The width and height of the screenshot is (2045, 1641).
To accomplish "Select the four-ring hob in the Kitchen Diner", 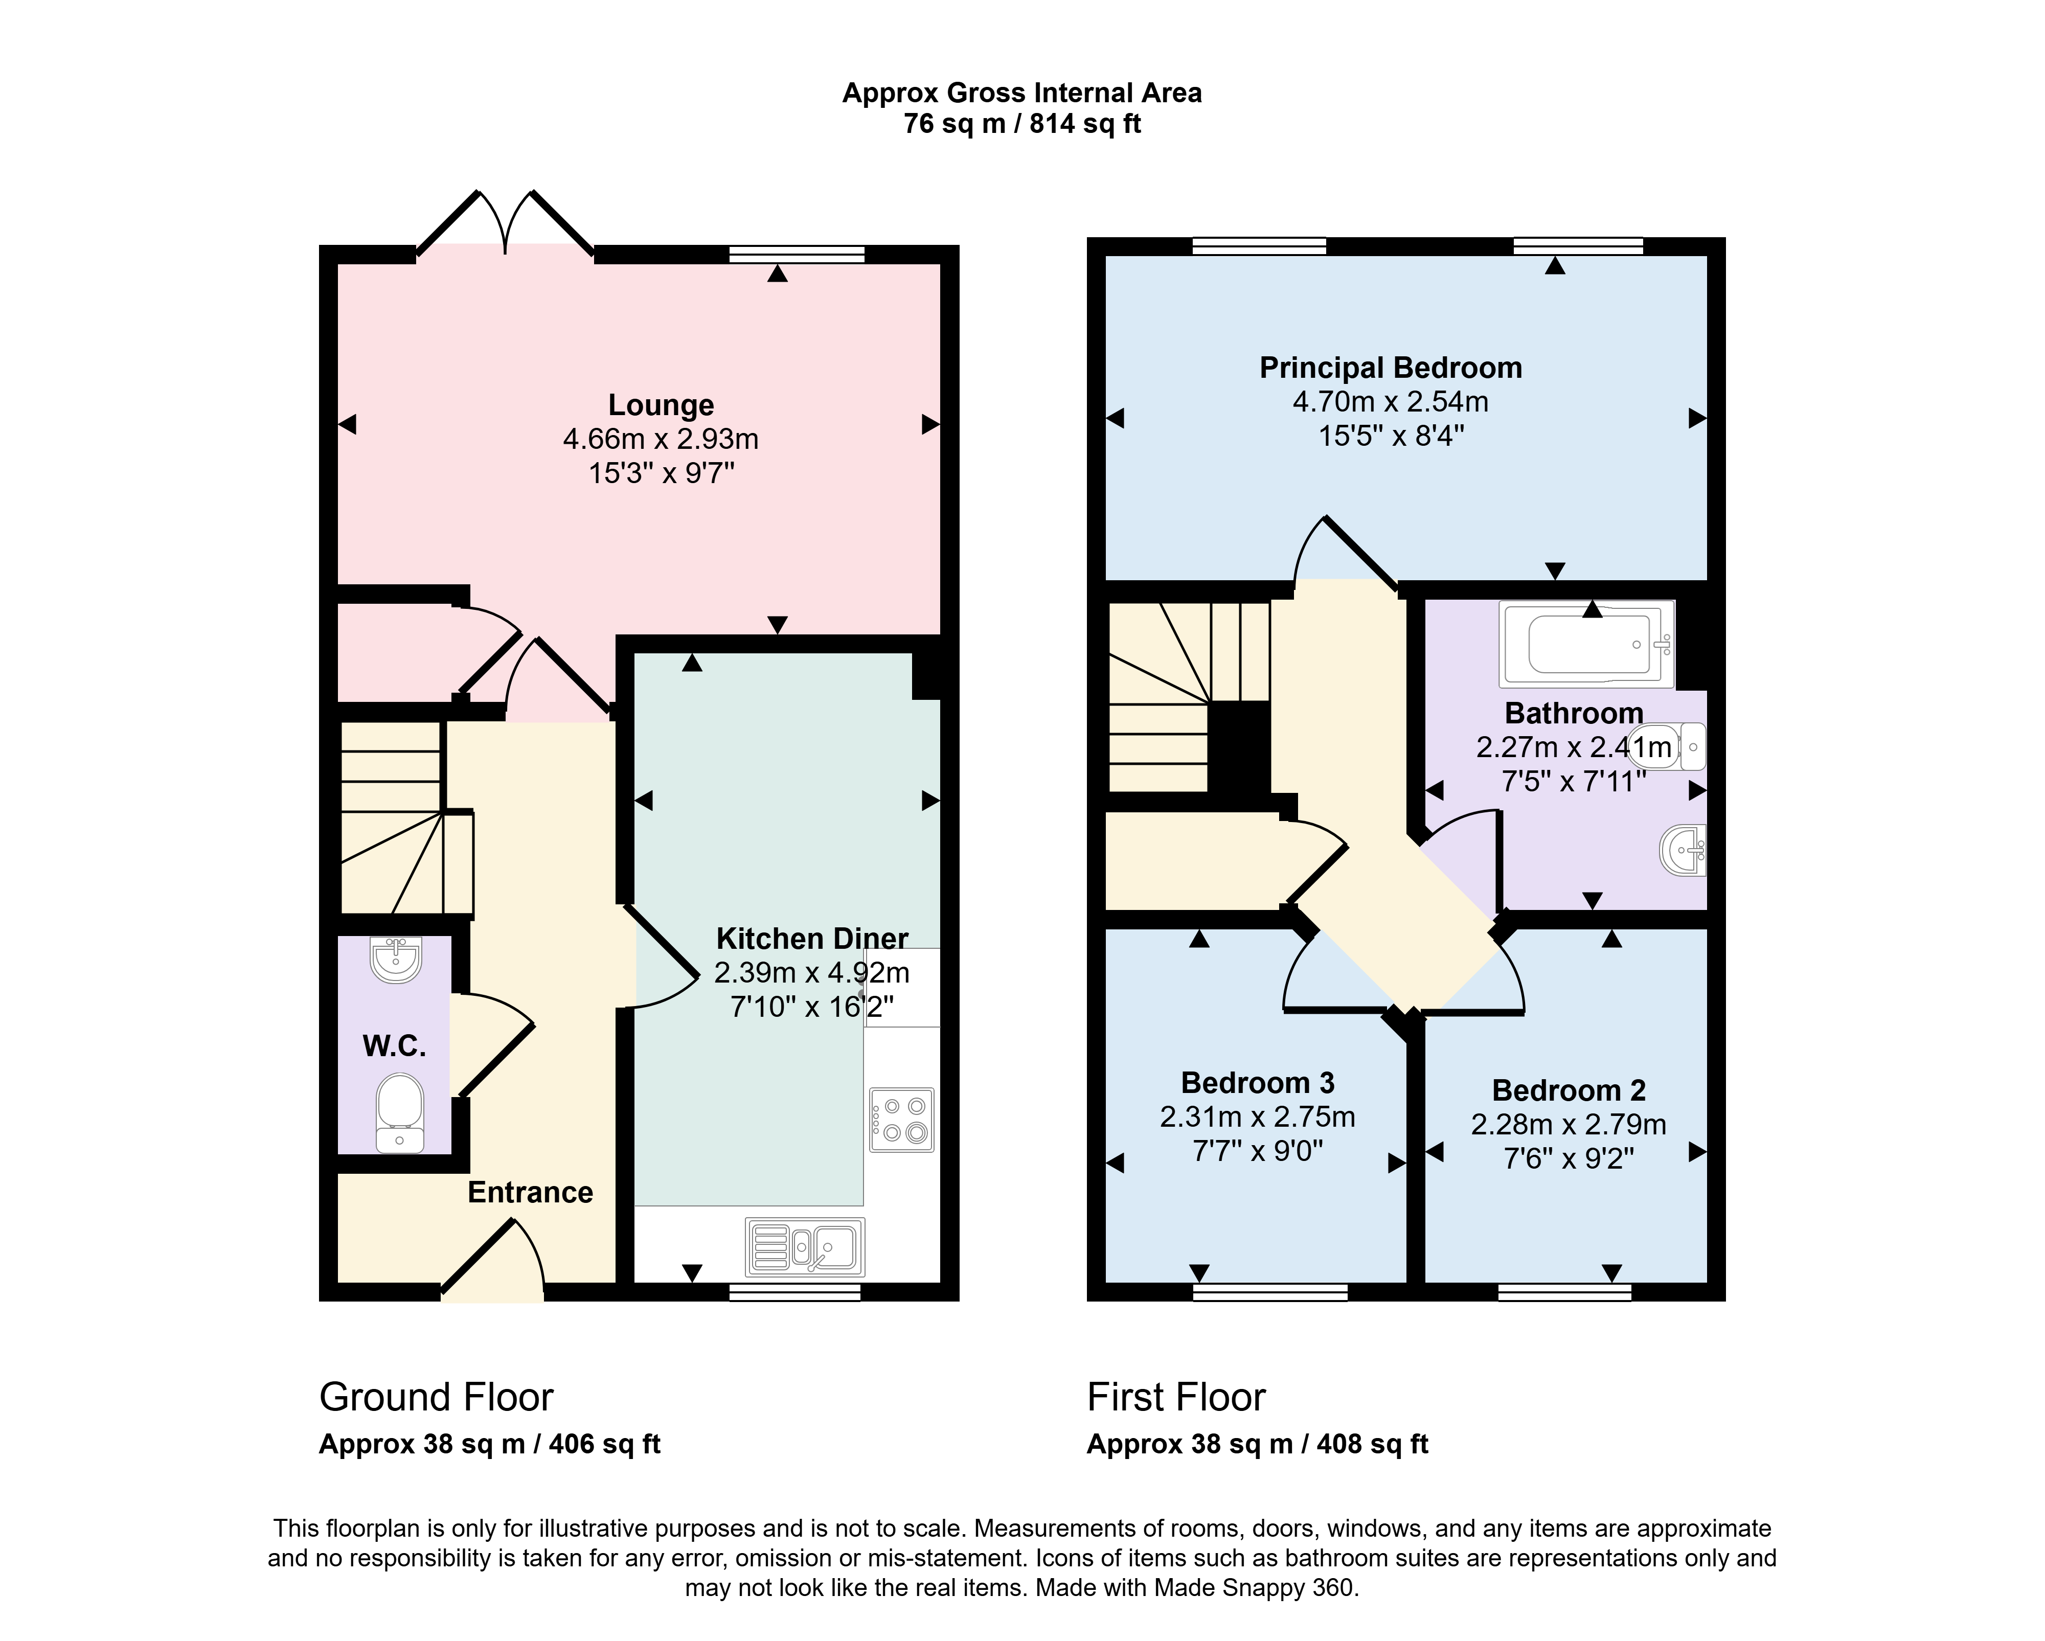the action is pyautogui.click(x=901, y=1119).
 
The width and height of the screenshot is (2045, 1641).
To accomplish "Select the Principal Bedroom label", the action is pyautogui.click(x=1391, y=368).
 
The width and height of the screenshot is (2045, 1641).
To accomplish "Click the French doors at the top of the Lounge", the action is pyautogui.click(x=506, y=224).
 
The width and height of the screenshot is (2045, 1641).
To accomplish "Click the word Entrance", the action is pyautogui.click(x=530, y=1192).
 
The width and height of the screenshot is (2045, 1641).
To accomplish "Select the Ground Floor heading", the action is pyautogui.click(x=436, y=1397).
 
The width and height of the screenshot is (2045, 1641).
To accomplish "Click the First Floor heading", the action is pyautogui.click(x=1176, y=1397).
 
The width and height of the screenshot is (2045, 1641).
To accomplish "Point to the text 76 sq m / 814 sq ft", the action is pyautogui.click(x=1022, y=124).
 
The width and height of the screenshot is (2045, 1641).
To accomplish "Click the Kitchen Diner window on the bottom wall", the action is pyautogui.click(x=795, y=1291).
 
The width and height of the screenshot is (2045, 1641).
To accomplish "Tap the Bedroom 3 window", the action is pyautogui.click(x=1270, y=1291).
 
